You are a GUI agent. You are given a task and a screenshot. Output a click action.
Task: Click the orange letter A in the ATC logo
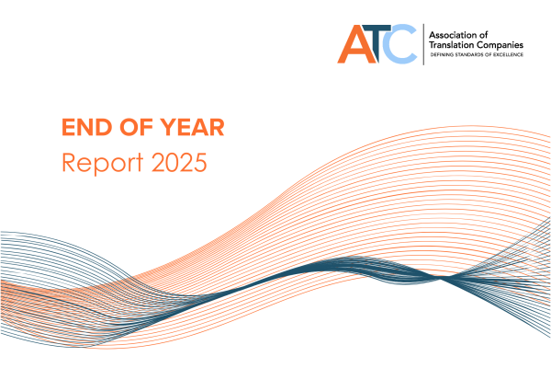click(x=354, y=44)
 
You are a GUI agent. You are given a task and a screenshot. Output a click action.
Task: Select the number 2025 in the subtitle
click(x=175, y=162)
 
